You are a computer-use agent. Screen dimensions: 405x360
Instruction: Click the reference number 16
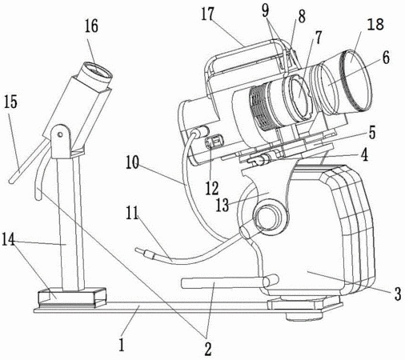click(x=91, y=26)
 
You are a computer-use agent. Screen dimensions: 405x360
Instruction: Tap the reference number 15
click(x=10, y=102)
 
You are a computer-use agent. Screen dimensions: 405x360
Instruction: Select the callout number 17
click(x=207, y=14)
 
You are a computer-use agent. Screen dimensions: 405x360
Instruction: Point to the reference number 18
click(x=375, y=24)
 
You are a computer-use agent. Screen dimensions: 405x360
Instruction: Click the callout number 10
click(x=132, y=162)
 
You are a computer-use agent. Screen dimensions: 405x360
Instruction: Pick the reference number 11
click(x=132, y=213)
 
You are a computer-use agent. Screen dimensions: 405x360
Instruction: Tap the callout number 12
click(x=212, y=188)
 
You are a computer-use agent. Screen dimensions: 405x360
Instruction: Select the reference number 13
click(x=223, y=205)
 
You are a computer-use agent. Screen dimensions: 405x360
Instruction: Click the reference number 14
click(x=8, y=239)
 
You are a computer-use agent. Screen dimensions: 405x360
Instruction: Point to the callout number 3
click(x=398, y=294)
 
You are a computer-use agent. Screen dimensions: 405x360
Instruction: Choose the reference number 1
click(x=122, y=344)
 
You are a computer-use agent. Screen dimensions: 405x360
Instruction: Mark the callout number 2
click(x=207, y=348)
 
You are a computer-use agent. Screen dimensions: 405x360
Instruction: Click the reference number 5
click(x=372, y=132)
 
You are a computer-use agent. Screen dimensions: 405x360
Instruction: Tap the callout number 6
click(x=386, y=58)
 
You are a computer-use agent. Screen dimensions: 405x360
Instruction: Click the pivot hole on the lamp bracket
click(x=60, y=134)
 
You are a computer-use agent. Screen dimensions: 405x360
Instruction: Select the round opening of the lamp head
click(x=97, y=73)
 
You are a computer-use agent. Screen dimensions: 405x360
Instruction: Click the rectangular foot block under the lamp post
click(x=72, y=297)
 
